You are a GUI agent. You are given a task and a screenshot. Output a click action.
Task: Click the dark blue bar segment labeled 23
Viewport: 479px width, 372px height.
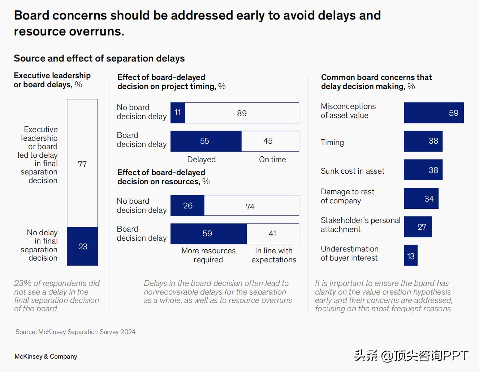pyautogui.click(x=82, y=246)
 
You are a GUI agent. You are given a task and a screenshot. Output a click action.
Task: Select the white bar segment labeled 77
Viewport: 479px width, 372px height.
pyautogui.click(x=82, y=163)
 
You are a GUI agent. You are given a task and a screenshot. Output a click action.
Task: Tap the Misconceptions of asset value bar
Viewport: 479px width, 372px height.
pyautogui.click(x=433, y=113)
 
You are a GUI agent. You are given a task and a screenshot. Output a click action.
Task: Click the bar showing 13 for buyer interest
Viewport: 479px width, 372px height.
pyautogui.click(x=411, y=255)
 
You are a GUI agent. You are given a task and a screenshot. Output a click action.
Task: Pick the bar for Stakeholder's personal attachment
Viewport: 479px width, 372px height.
pyautogui.click(x=418, y=227)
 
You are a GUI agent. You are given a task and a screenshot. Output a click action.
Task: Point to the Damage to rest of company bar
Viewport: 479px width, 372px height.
pyautogui.click(x=421, y=198)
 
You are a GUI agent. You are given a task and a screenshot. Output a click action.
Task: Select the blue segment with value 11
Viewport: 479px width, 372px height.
pyautogui.click(x=178, y=113)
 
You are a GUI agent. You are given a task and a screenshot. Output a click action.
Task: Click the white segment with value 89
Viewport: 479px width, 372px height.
pyautogui.click(x=242, y=113)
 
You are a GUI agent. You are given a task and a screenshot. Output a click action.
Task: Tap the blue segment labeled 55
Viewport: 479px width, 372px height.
pyautogui.click(x=206, y=141)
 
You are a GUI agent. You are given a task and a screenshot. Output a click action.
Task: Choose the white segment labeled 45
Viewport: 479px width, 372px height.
pyautogui.click(x=270, y=141)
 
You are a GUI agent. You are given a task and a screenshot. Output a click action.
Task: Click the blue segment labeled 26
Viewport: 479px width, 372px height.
pyautogui.click(x=187, y=206)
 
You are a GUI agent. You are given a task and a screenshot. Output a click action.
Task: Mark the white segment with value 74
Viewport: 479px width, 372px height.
pyautogui.click(x=251, y=206)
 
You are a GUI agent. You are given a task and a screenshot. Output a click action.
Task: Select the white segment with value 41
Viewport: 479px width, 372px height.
pyautogui.click(x=273, y=234)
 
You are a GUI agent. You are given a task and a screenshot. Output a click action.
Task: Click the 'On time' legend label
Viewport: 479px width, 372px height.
pyautogui.click(x=272, y=160)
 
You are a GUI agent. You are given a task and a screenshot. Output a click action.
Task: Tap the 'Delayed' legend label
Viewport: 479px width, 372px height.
pyautogui.click(x=201, y=160)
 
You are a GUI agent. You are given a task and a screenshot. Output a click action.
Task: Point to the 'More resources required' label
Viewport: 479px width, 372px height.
pyautogui.click(x=208, y=255)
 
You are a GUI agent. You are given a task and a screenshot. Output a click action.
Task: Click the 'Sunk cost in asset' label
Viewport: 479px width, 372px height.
pyautogui.click(x=353, y=171)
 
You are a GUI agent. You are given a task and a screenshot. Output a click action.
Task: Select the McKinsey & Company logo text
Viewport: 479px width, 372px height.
pyautogui.click(x=46, y=356)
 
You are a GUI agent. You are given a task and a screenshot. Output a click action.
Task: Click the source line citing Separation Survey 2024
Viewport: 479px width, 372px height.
pyautogui.click(x=75, y=332)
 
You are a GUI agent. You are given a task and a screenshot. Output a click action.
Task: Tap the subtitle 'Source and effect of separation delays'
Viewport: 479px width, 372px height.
pyautogui.click(x=99, y=58)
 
